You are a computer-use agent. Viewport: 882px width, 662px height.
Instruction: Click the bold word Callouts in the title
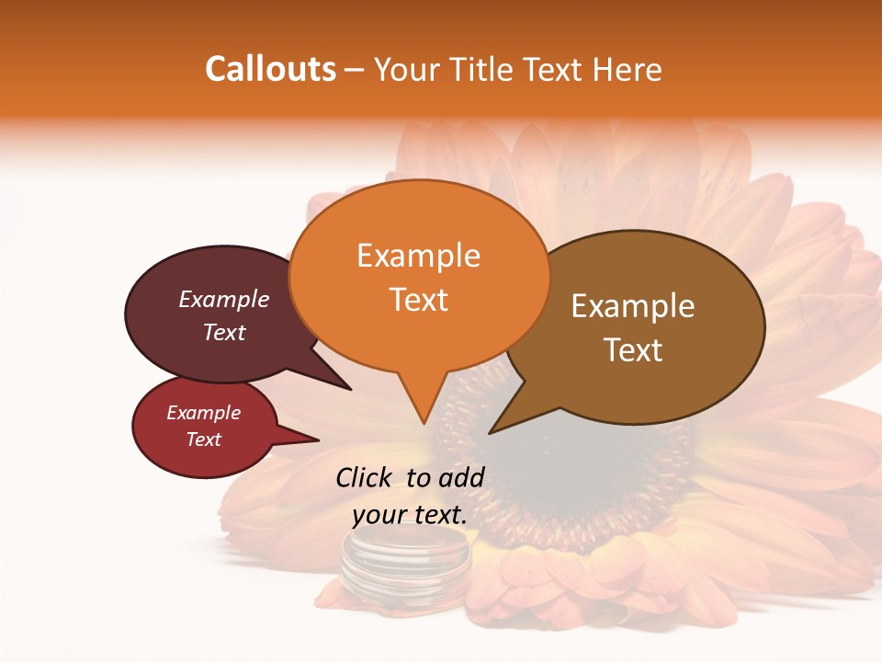click(270, 69)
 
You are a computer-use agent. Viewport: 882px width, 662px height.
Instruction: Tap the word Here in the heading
click(627, 69)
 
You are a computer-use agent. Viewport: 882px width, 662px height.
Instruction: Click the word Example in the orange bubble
click(418, 256)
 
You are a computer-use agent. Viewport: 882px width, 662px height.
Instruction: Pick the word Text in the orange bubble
click(418, 300)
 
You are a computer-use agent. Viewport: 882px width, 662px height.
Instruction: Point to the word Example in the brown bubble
click(633, 306)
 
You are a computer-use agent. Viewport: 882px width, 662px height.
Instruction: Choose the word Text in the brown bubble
click(633, 350)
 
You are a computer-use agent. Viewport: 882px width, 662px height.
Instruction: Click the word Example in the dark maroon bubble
click(223, 299)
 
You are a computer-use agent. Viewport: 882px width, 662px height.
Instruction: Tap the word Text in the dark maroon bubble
click(223, 332)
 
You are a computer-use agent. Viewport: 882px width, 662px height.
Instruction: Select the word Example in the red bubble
click(203, 413)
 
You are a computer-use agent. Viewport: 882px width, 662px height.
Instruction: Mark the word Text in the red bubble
click(203, 439)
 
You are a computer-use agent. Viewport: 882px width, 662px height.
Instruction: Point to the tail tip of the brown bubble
click(490, 432)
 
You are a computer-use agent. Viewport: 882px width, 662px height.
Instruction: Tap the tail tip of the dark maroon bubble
click(350, 389)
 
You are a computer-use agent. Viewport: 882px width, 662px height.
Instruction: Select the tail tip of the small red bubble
click(318, 439)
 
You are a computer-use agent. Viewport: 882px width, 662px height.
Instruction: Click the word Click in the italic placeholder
click(365, 477)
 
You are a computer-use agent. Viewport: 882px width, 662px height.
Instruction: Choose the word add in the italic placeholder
click(462, 477)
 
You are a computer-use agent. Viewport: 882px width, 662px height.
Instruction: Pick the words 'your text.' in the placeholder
click(409, 515)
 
